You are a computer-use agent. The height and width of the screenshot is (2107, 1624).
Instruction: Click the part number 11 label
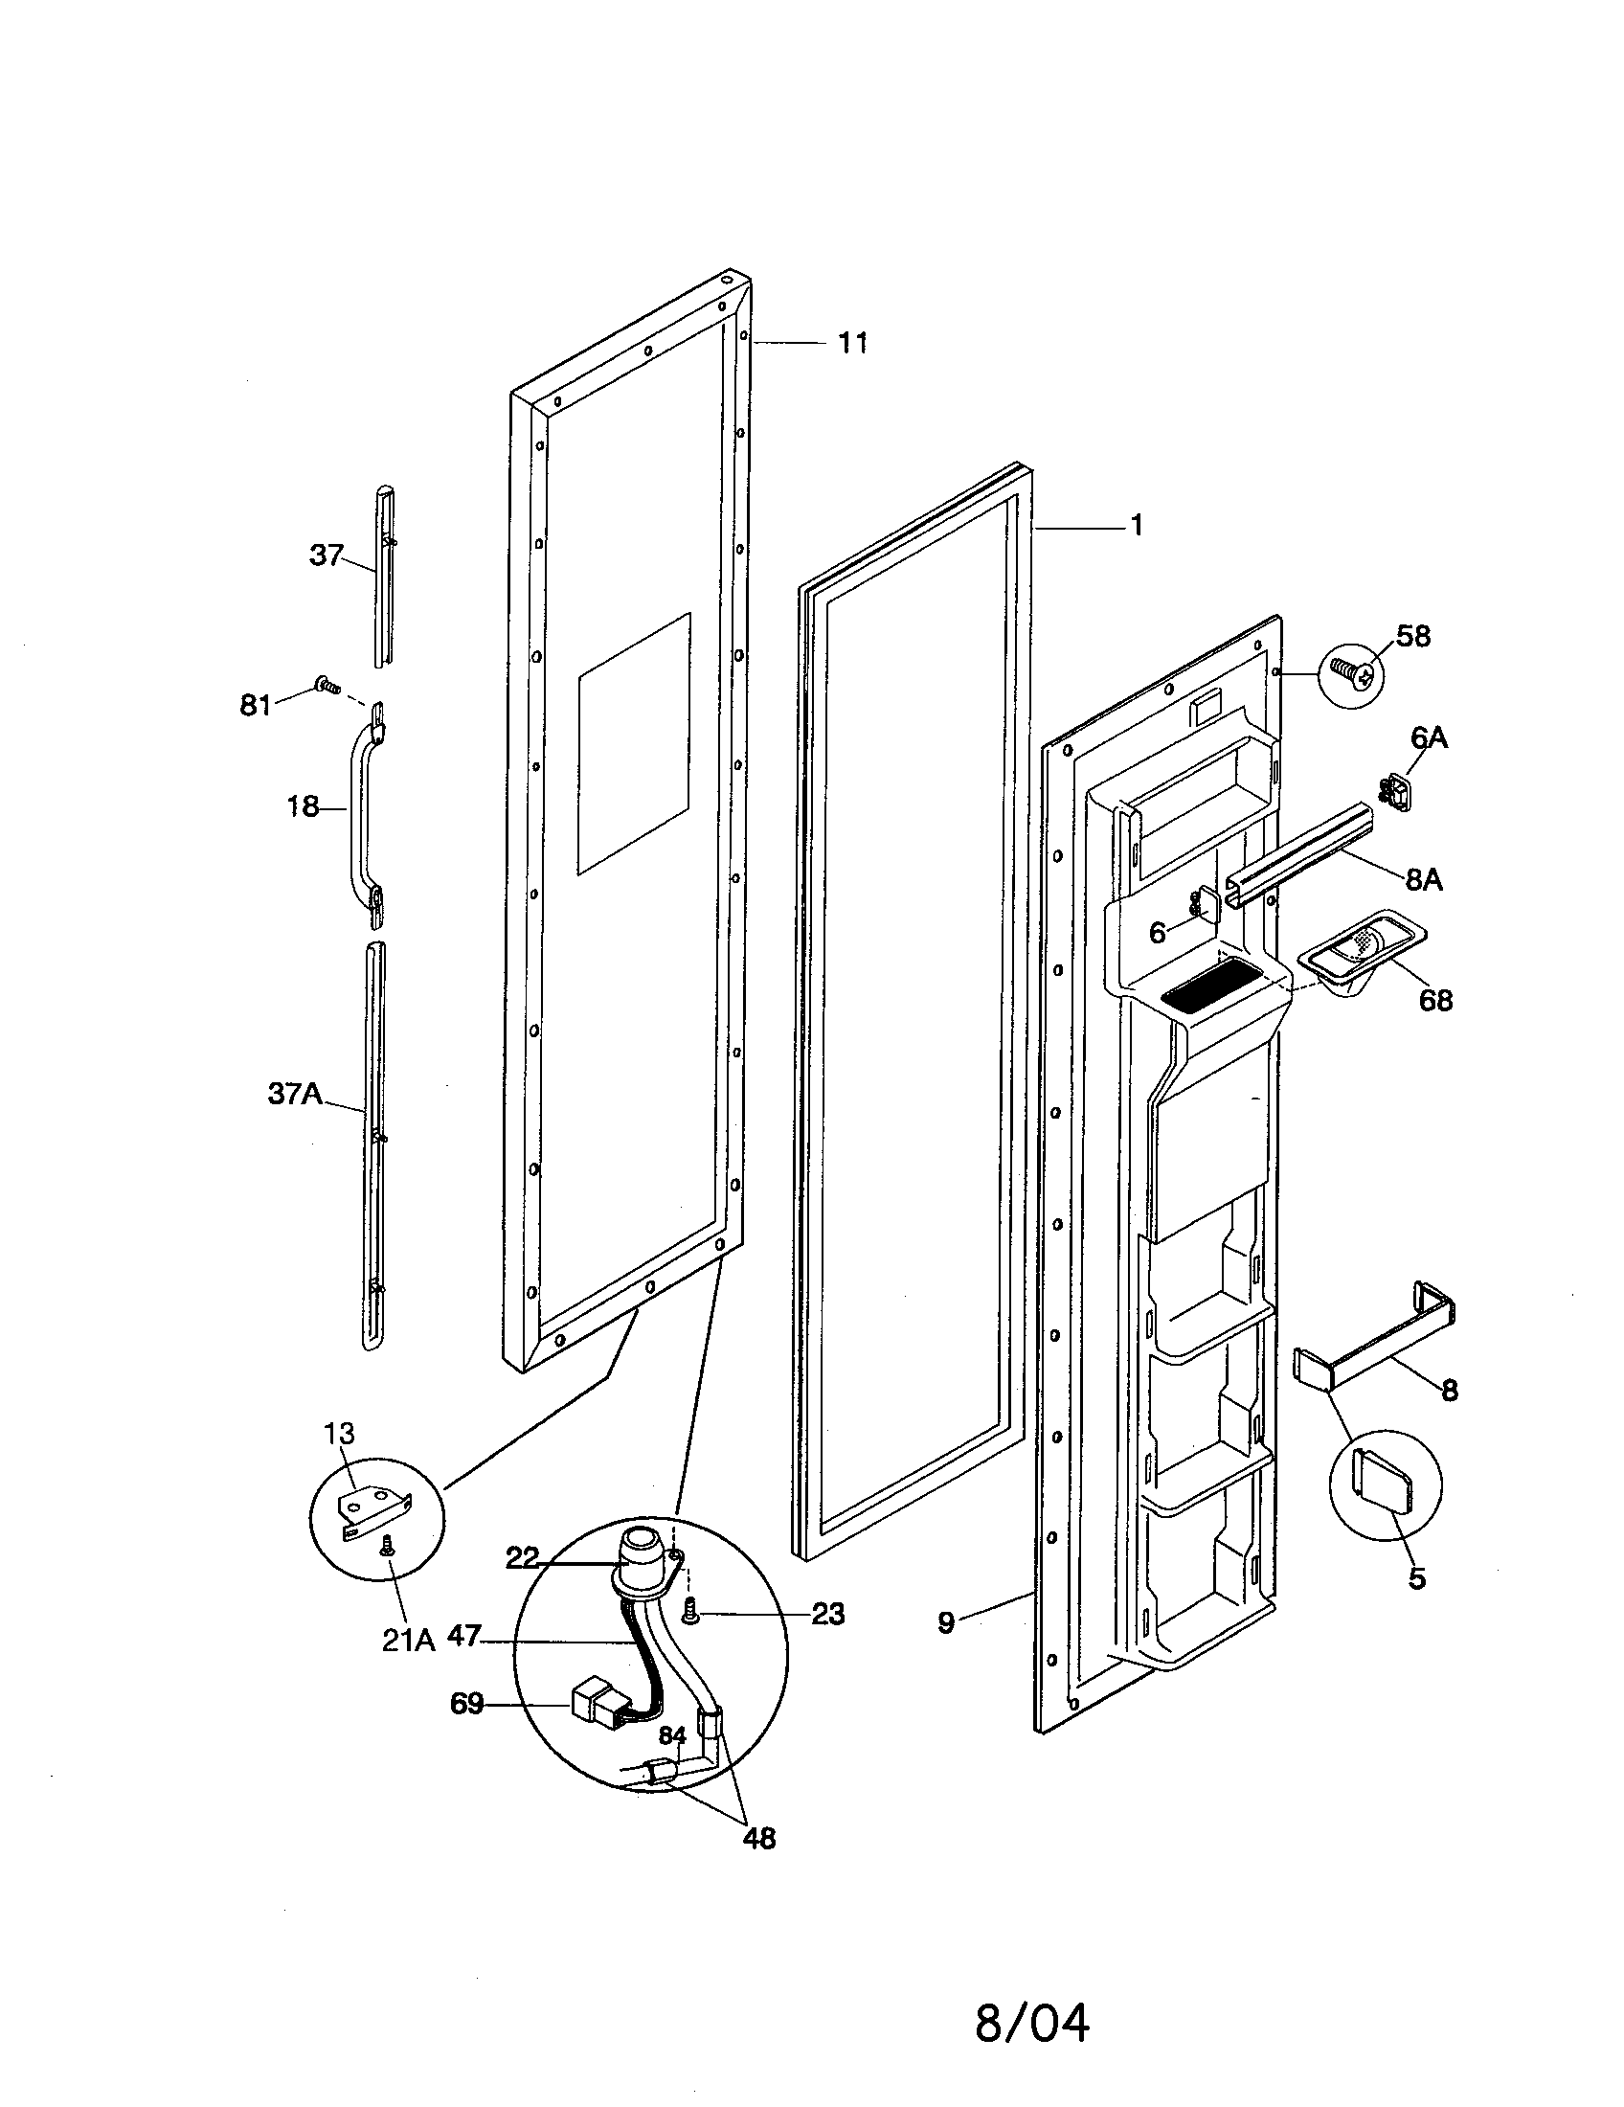[x=851, y=344]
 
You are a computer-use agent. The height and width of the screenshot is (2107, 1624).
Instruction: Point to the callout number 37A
[x=295, y=1096]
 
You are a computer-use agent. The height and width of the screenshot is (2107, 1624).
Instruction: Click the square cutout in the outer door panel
[x=634, y=744]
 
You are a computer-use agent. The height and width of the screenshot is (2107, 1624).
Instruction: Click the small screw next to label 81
[x=327, y=686]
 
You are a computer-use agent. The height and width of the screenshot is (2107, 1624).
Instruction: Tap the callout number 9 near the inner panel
[x=946, y=1623]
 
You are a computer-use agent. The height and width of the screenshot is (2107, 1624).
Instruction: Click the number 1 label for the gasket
[x=1136, y=526]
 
